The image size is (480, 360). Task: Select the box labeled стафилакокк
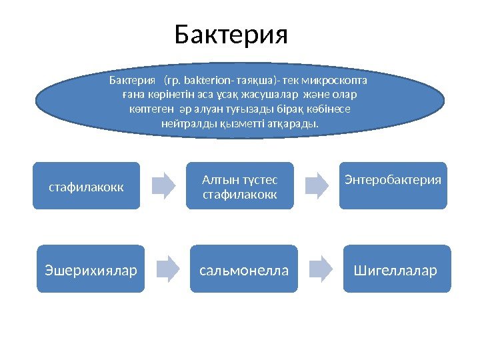(x=87, y=186)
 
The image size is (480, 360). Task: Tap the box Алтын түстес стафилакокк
(x=240, y=186)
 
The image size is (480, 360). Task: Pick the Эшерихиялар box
(x=91, y=269)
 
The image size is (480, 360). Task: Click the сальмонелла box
(x=245, y=269)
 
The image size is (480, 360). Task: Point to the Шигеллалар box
(x=397, y=269)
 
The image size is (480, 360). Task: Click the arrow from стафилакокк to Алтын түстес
(x=162, y=186)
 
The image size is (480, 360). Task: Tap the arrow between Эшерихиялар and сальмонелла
(x=168, y=269)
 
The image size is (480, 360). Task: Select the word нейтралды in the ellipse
(x=184, y=125)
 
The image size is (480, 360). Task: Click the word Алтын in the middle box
(x=217, y=179)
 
